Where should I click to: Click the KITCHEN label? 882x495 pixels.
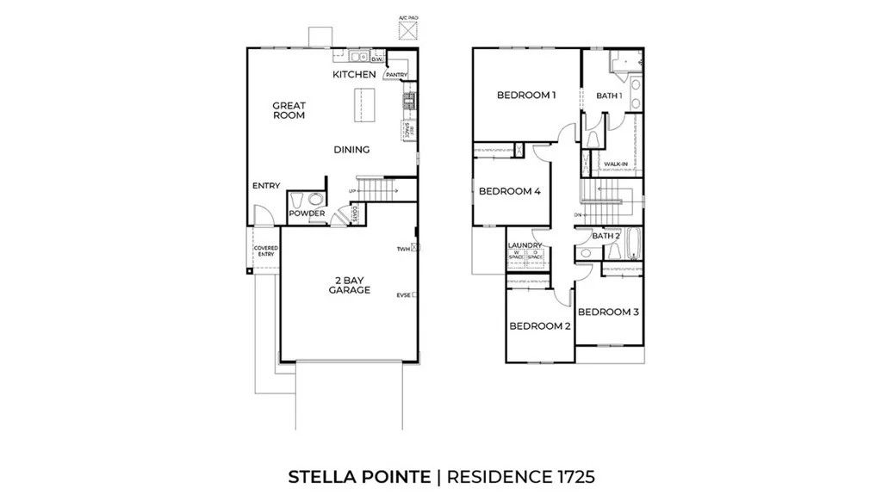(355, 75)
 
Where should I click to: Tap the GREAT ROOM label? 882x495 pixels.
(289, 110)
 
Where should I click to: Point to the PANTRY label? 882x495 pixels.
(396, 75)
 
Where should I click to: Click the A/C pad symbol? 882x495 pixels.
(407, 29)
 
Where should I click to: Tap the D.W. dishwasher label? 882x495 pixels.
(376, 59)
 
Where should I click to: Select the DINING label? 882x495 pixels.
(351, 150)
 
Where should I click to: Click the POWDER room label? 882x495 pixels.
(307, 213)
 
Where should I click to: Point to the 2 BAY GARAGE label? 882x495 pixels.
(349, 285)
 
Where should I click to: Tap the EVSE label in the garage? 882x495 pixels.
(402, 295)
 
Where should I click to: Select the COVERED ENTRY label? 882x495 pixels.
(265, 251)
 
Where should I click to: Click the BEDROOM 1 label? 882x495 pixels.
(526, 95)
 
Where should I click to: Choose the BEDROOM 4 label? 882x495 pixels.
(509, 191)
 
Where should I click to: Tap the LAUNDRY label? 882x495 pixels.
(525, 245)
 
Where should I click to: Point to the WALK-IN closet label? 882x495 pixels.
(615, 164)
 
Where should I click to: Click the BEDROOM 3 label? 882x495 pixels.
(608, 312)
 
